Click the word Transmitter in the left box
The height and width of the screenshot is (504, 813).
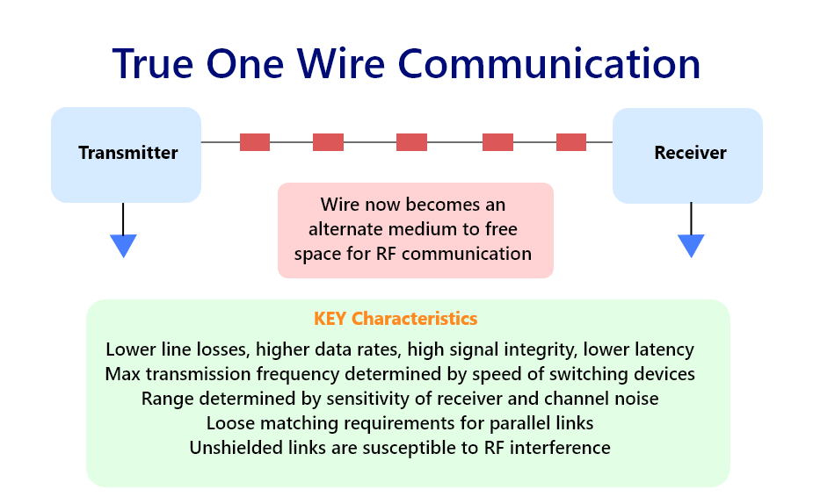click(128, 153)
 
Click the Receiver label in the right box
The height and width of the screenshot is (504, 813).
click(690, 153)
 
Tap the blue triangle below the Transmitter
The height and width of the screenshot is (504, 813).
click(123, 246)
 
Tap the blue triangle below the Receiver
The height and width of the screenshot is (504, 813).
click(691, 246)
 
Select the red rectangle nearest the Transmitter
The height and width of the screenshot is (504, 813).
click(255, 142)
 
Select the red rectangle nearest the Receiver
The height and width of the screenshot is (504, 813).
click(571, 142)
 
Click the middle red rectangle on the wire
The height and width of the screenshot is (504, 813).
click(411, 142)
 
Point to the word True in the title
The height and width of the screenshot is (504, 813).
click(153, 64)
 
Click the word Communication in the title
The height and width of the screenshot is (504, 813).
click(549, 64)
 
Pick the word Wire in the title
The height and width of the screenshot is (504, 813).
click(341, 64)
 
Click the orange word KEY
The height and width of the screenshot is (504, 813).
click(330, 319)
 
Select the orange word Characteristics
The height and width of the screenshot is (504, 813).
click(414, 319)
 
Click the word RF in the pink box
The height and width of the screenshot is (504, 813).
click(386, 254)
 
